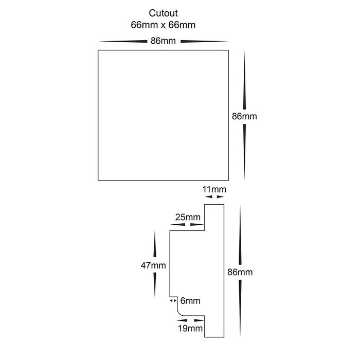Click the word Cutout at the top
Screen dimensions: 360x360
pyautogui.click(x=163, y=13)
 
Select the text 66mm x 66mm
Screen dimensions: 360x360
pyautogui.click(x=163, y=25)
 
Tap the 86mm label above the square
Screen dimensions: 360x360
pyautogui.click(x=163, y=41)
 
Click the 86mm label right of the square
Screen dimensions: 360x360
pyautogui.click(x=244, y=116)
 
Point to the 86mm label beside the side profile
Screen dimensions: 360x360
pyautogui.click(x=240, y=272)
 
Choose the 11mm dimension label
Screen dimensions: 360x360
pyautogui.click(x=214, y=189)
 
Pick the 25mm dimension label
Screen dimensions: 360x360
pyautogui.click(x=188, y=217)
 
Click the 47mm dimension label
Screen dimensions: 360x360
pyautogui.click(x=153, y=265)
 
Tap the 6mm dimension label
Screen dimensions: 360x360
pyautogui.click(x=190, y=300)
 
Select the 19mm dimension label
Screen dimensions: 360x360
pyautogui.click(x=190, y=328)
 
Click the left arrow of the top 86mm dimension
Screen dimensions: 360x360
pyautogui.click(x=123, y=42)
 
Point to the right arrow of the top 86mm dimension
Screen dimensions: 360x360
pyautogui.click(x=204, y=42)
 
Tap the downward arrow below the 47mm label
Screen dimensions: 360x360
pyautogui.click(x=154, y=285)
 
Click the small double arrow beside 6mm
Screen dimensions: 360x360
pyautogui.click(x=173, y=300)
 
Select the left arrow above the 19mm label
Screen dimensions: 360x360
pyautogui.click(x=182, y=320)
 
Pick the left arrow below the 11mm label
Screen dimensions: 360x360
pyautogui.click(x=208, y=197)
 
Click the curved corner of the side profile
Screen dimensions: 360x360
pyautogui.click(x=179, y=313)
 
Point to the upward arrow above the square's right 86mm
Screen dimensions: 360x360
pyautogui.click(x=244, y=80)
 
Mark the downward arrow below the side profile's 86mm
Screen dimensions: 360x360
pyautogui.click(x=240, y=308)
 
